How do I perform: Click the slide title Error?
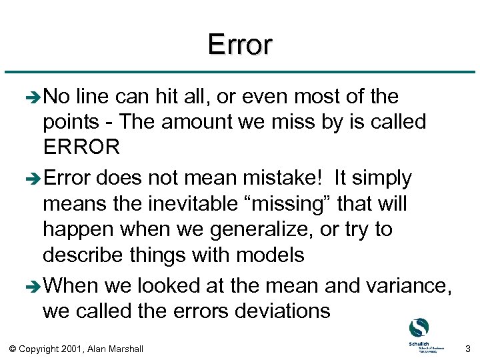click(x=239, y=45)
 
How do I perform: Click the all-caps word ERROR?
click(x=81, y=147)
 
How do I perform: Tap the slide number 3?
click(x=468, y=348)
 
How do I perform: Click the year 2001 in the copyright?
click(x=71, y=348)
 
